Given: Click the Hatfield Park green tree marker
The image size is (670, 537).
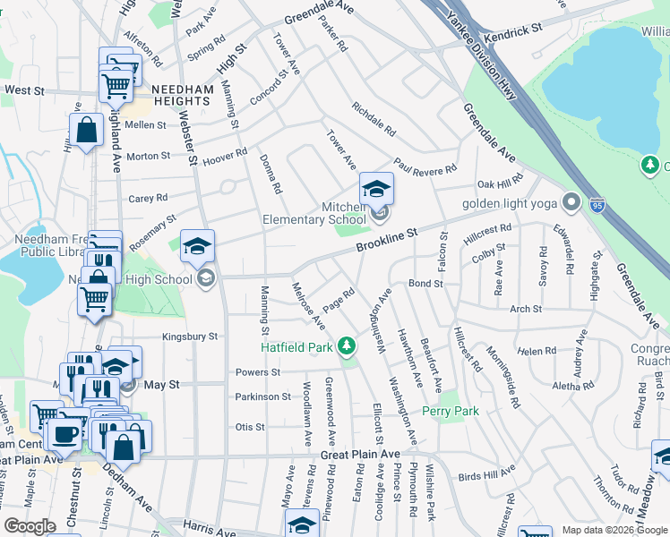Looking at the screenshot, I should pyautogui.click(x=347, y=346).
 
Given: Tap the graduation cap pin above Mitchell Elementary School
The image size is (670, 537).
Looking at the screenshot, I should pyautogui.click(x=377, y=189).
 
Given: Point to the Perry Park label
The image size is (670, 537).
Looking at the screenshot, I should pyautogui.click(x=451, y=411).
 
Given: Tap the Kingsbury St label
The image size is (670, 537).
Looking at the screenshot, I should pyautogui.click(x=190, y=337).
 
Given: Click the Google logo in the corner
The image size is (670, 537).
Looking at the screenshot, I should pyautogui.click(x=29, y=526).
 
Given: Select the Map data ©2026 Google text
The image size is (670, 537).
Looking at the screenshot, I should pyautogui.click(x=613, y=530).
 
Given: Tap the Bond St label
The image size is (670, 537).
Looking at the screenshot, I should pyautogui.click(x=425, y=283).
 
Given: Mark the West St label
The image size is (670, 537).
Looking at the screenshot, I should pyautogui.click(x=24, y=90).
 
